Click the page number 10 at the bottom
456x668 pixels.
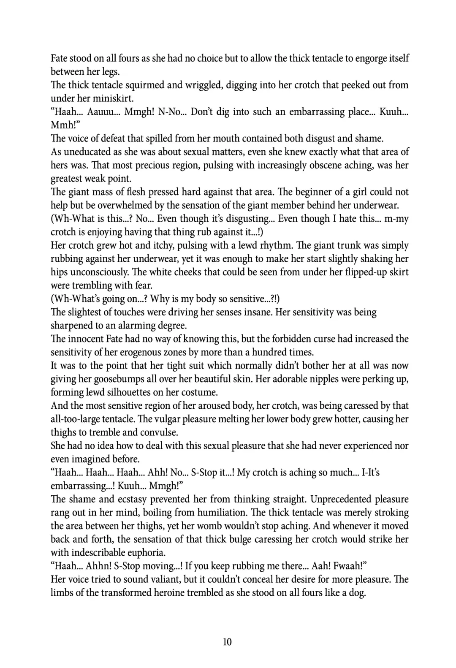pyautogui.click(x=227, y=642)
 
